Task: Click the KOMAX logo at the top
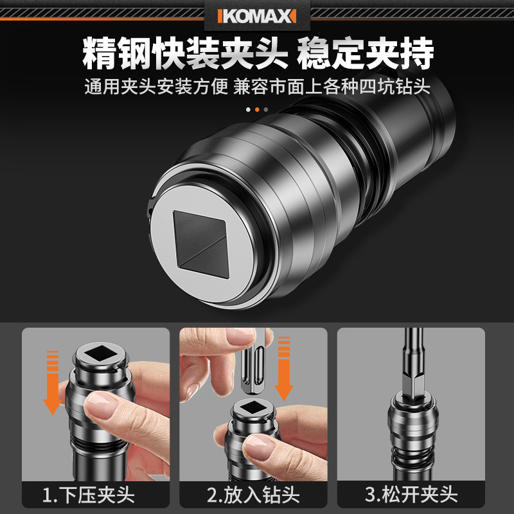pyautogui.click(x=257, y=16)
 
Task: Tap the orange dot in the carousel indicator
pyautogui.click(x=257, y=109)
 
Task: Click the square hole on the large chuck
pyautogui.click(x=200, y=244)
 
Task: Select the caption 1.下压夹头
pyautogui.click(x=89, y=495)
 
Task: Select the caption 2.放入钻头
pyautogui.click(x=253, y=495)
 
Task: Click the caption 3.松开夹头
pyautogui.click(x=411, y=494)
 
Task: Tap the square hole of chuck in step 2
pyautogui.click(x=252, y=407)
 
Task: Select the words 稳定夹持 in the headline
pyautogui.click(x=366, y=53)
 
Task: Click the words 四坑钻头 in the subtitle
pyautogui.click(x=395, y=87)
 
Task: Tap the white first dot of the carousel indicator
pyautogui.click(x=248, y=109)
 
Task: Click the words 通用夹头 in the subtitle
pyautogui.click(x=120, y=87)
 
